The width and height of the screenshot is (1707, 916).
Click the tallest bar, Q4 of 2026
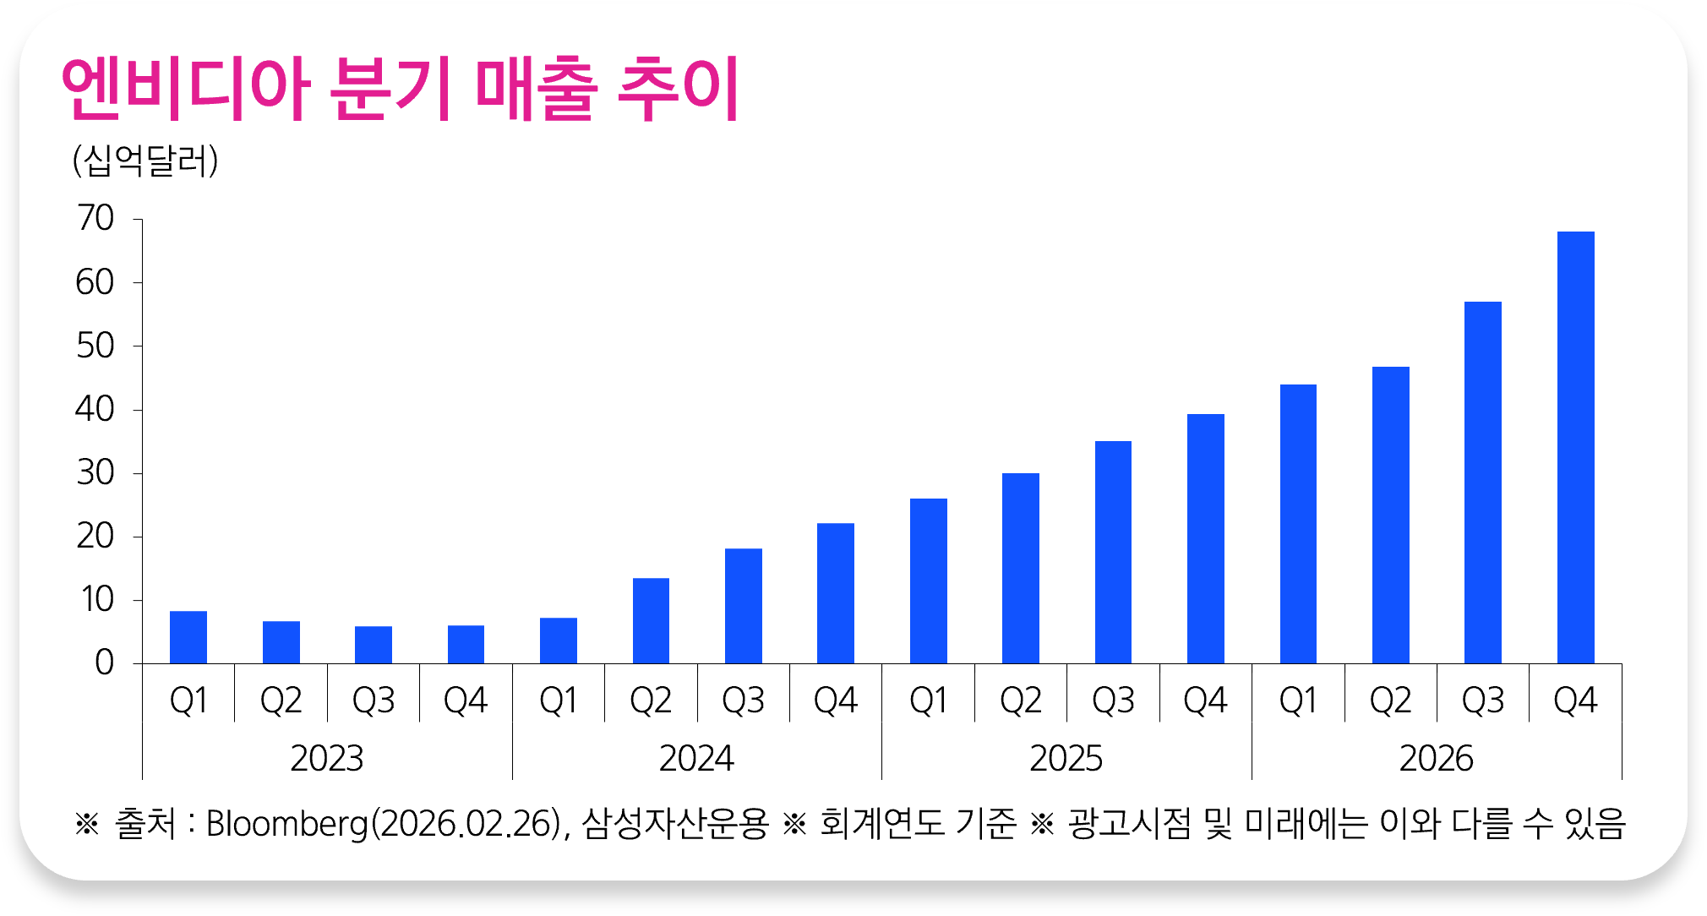coord(1575,448)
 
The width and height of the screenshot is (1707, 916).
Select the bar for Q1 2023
coord(188,637)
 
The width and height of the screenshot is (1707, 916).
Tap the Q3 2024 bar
coord(744,606)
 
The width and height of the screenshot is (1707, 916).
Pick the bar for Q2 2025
coord(1021,568)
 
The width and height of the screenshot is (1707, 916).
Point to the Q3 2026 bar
coord(1483,483)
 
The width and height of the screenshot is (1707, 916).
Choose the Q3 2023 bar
coord(374,645)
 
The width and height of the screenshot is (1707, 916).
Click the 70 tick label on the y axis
coord(95,219)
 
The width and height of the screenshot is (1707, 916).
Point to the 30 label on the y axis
coord(95,473)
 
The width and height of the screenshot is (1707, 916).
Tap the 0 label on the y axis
coord(104,663)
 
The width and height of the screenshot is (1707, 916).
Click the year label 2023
coord(327,758)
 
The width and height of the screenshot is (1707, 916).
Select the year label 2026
coord(1437,758)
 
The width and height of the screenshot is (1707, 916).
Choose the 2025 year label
coord(1066,758)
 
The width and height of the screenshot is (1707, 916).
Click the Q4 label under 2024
coord(836,701)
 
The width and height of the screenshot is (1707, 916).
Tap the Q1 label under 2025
coord(929,701)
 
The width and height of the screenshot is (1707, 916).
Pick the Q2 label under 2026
coord(1391,701)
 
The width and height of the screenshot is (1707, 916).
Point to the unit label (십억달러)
coord(145,160)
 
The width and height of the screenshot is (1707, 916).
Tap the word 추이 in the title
coord(679,89)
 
